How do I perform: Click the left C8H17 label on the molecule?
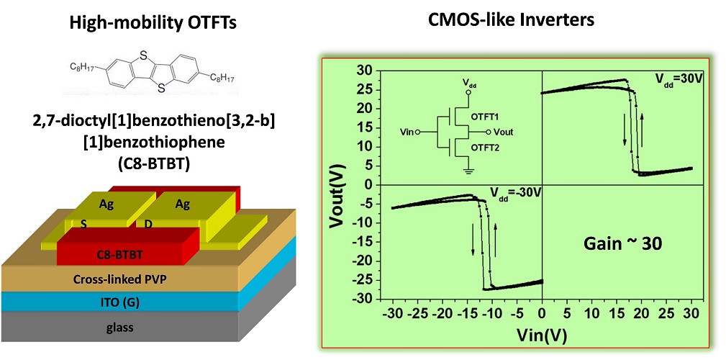(x=84, y=67)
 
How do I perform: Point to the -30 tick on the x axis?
(x=392, y=314)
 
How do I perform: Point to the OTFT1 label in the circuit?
(x=486, y=115)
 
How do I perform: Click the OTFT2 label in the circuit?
(x=486, y=148)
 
